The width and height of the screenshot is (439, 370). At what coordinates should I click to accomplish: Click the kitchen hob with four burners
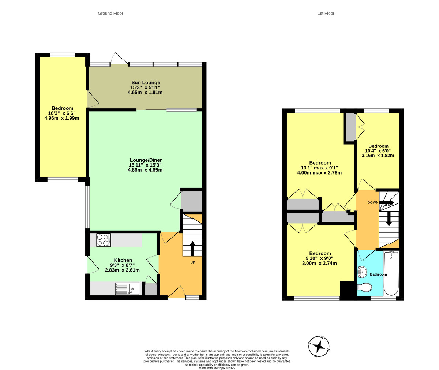click(x=103, y=240)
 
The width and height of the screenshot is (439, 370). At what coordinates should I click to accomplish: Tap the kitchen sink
click(x=127, y=289)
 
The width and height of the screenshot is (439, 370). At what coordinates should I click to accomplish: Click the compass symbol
click(x=319, y=346)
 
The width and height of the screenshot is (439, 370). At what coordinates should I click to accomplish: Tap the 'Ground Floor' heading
click(x=110, y=14)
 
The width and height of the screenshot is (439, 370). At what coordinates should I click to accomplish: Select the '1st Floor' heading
click(x=326, y=14)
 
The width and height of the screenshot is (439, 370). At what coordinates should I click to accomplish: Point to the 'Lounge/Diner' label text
click(x=146, y=160)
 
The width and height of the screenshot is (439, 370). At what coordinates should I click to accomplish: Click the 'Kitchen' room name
click(x=123, y=260)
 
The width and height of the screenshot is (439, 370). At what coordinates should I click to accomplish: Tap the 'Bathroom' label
click(x=378, y=274)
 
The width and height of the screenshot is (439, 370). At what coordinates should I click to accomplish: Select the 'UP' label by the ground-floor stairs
click(x=192, y=262)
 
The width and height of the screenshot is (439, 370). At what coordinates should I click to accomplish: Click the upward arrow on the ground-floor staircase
click(x=192, y=248)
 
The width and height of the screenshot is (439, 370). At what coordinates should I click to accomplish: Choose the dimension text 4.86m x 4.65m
click(x=145, y=170)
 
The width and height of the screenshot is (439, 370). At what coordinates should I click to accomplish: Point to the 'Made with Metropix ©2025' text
click(x=217, y=368)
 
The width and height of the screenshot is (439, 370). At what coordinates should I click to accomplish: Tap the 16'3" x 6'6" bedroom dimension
click(x=62, y=113)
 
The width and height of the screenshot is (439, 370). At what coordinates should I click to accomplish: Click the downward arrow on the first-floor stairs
click(x=389, y=218)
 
